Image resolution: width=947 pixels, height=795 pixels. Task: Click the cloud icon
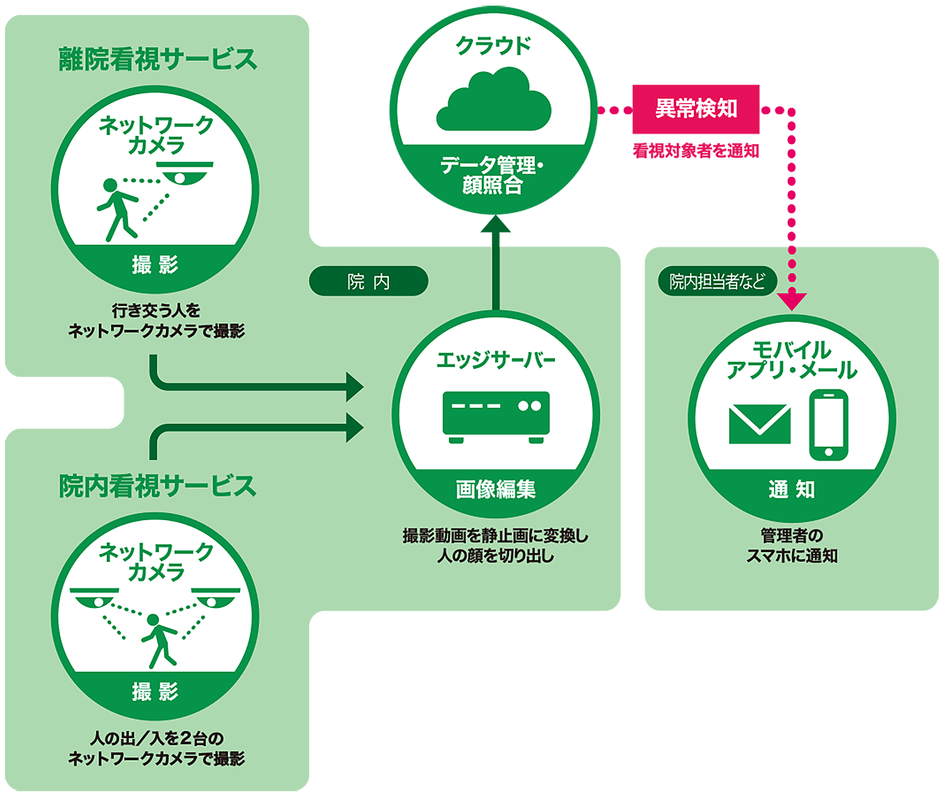pyautogui.click(x=494, y=100)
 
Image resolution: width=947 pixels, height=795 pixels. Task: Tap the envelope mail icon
pyautogui.click(x=759, y=424)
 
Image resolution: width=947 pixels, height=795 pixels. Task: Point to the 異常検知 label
pyautogui.click(x=696, y=109)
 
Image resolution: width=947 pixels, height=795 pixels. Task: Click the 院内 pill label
pyautogui.click(x=369, y=282)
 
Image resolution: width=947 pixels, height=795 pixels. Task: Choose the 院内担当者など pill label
pyautogui.click(x=717, y=281)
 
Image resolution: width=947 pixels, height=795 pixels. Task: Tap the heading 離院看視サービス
pyautogui.click(x=158, y=59)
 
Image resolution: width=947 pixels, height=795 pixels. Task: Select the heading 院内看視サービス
pyautogui.click(x=158, y=487)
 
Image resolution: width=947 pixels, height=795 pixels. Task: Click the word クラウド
pyautogui.click(x=494, y=46)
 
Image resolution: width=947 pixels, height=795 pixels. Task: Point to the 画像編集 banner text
pyautogui.click(x=496, y=489)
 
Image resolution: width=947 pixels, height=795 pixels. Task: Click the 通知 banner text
pyautogui.click(x=792, y=489)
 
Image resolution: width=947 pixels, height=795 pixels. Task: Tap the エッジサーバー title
pyautogui.click(x=496, y=360)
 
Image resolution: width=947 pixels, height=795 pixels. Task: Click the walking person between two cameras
pyautogui.click(x=158, y=640)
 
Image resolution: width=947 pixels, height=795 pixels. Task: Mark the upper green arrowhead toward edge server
pyautogui.click(x=354, y=386)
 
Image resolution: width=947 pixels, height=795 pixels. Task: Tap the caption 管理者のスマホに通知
pyautogui.click(x=792, y=546)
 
